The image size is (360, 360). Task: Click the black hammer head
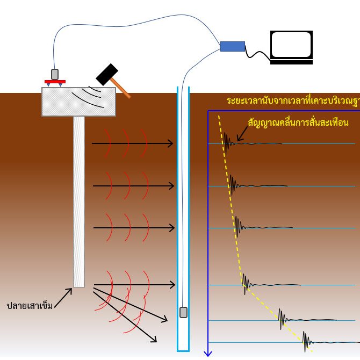tap(107, 74)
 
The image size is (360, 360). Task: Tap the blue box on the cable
tap(232, 46)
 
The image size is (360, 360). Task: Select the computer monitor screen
tap(291, 45)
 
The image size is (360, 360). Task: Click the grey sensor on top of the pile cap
tap(55, 74)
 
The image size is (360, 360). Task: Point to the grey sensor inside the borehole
tap(183, 312)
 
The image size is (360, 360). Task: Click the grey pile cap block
tap(78, 102)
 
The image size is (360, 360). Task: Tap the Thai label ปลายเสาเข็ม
tap(30, 306)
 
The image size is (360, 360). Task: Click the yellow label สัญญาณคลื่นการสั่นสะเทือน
tap(298, 123)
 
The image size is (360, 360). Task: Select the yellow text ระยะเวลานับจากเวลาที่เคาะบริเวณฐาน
tap(293, 101)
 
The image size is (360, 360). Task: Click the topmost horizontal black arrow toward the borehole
tap(133, 143)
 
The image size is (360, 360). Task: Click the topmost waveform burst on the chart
tap(228, 142)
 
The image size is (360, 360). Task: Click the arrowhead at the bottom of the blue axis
tap(208, 353)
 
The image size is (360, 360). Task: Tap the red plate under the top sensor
tap(55, 82)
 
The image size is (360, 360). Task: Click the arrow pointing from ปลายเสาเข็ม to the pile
tap(63, 298)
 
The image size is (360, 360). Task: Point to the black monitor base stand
tap(291, 62)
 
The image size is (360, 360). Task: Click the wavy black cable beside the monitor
tap(257, 54)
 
